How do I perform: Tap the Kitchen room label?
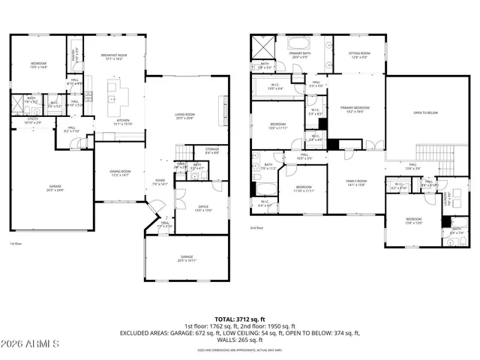pos(123,122)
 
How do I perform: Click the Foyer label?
pos(160,181)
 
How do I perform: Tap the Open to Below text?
pos(425,112)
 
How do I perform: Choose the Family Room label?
pos(355,183)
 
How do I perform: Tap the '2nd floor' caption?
pos(257,228)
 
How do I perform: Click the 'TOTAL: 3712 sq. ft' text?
pos(239,319)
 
